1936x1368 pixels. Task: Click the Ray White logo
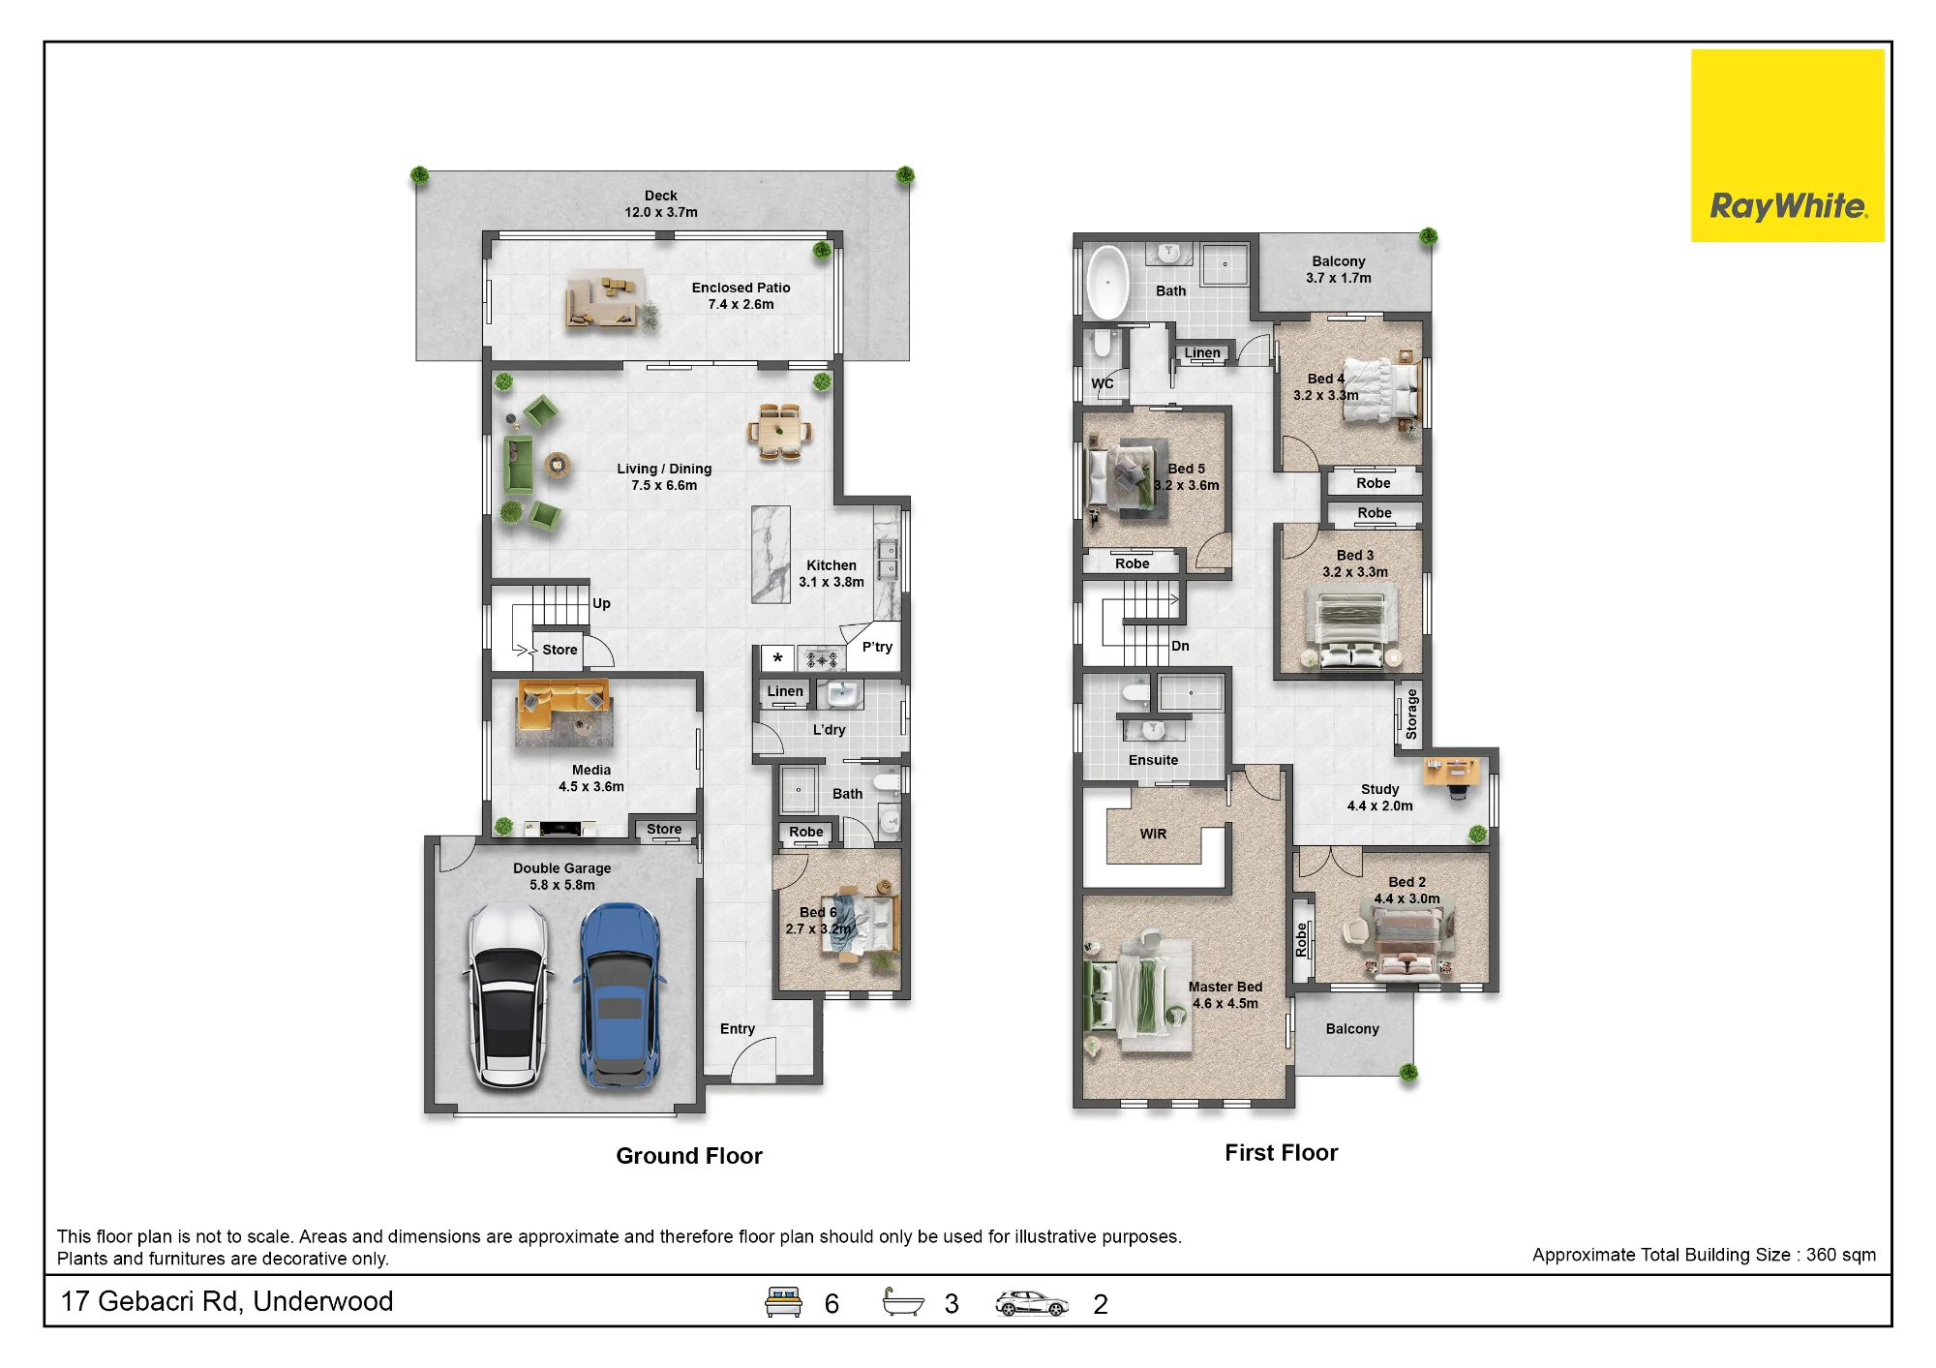pyautogui.click(x=1787, y=146)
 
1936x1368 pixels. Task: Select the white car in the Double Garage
pyautogui.click(x=509, y=997)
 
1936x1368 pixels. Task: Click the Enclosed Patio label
pyautogui.click(x=741, y=288)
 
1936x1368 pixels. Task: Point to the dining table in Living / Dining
pyautogui.click(x=779, y=432)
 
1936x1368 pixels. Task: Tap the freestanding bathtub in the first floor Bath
pyautogui.click(x=1105, y=282)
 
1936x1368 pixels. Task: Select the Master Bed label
pyautogui.click(x=1225, y=987)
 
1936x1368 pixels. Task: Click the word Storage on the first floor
pyautogui.click(x=1411, y=714)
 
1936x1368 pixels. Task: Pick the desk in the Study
pyautogui.click(x=1451, y=771)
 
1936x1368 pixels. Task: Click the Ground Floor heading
pyautogui.click(x=689, y=1156)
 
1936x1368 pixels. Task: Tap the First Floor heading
pyautogui.click(x=1281, y=1153)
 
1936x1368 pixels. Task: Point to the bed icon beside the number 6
pyautogui.click(x=783, y=1302)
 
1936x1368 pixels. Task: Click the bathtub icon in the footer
pyautogui.click(x=903, y=1302)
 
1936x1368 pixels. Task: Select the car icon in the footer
pyautogui.click(x=1032, y=1304)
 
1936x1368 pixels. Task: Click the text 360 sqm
pyautogui.click(x=1840, y=1255)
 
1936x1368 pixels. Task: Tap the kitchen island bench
pyautogui.click(x=771, y=555)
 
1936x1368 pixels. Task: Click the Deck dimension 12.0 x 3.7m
pyautogui.click(x=661, y=212)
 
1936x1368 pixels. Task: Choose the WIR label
pyautogui.click(x=1153, y=834)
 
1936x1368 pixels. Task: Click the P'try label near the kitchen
pyautogui.click(x=877, y=647)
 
